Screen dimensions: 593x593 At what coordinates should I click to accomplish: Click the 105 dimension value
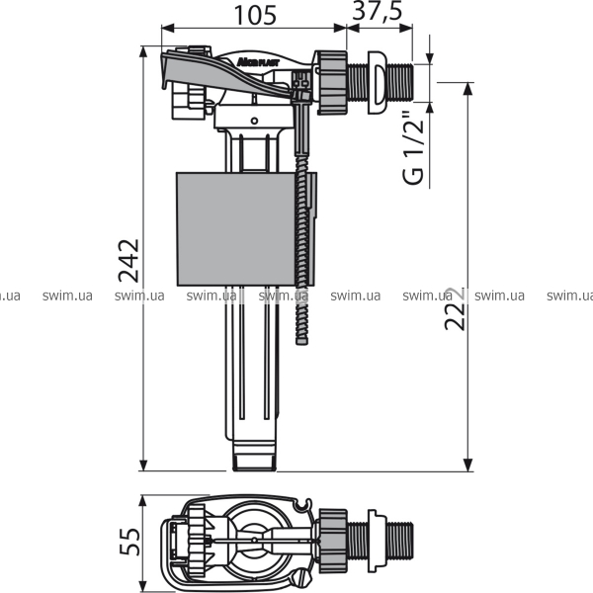pyautogui.click(x=255, y=16)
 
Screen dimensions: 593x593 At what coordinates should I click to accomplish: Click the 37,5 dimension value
pyautogui.click(x=378, y=12)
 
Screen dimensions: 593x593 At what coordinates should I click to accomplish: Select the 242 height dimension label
pyautogui.click(x=128, y=261)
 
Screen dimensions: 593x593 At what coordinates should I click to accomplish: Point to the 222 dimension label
pyautogui.click(x=455, y=308)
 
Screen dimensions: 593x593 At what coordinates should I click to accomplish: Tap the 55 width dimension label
pyautogui.click(x=129, y=542)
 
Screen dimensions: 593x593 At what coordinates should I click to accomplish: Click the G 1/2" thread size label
pyautogui.click(x=413, y=148)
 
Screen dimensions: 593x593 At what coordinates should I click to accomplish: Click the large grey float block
pyautogui.click(x=236, y=229)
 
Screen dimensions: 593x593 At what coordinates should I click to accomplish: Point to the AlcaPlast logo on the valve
pyautogui.click(x=258, y=61)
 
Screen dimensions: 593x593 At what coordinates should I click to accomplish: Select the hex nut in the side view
pyautogui.click(x=332, y=82)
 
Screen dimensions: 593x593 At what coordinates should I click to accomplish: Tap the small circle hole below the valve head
pyautogui.click(x=255, y=121)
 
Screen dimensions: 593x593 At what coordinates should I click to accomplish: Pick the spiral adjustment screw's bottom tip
pyautogui.click(x=301, y=343)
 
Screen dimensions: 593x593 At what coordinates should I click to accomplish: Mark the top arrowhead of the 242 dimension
pyautogui.click(x=143, y=51)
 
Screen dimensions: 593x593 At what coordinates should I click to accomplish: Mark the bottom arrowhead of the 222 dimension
pyautogui.click(x=468, y=466)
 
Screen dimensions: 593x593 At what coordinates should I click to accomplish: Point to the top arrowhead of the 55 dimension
pyautogui.click(x=142, y=500)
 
